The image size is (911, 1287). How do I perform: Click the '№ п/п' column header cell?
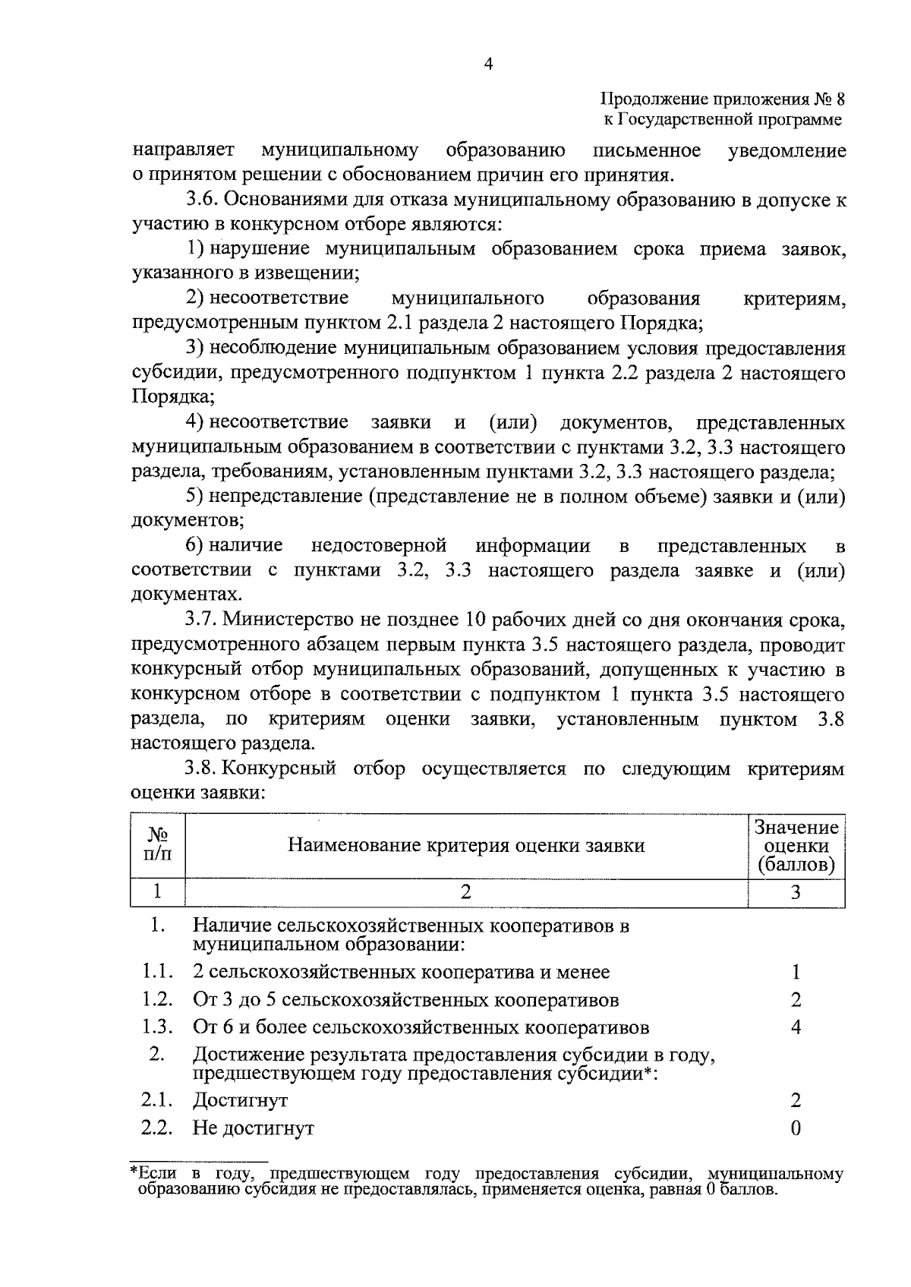click(158, 845)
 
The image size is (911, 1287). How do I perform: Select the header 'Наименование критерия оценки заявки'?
click(466, 846)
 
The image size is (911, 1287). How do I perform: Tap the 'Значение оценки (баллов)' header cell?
click(796, 846)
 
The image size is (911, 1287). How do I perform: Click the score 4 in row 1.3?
click(796, 1028)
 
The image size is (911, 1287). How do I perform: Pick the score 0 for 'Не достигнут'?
click(796, 1128)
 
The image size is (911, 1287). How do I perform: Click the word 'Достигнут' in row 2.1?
click(241, 1100)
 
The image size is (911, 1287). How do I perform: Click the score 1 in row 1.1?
click(796, 973)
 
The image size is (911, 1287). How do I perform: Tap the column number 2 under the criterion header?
click(466, 892)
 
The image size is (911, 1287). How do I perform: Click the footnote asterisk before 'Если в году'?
click(134, 1173)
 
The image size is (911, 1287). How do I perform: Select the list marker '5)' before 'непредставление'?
click(195, 497)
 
